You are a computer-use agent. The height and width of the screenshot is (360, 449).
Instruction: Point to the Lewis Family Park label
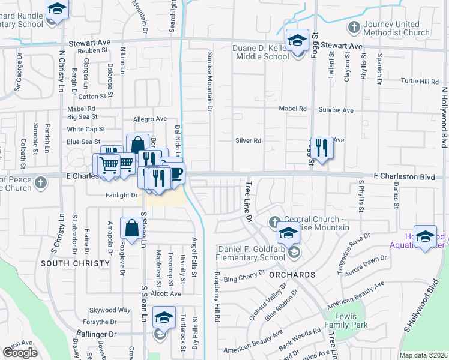point(345,320)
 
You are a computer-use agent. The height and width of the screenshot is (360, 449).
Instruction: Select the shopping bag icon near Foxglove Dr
point(131,228)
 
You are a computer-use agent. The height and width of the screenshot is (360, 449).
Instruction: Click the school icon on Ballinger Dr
point(164,317)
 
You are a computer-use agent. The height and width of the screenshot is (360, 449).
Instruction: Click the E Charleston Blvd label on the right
point(403,176)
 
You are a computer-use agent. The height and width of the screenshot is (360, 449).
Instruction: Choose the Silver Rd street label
point(248,141)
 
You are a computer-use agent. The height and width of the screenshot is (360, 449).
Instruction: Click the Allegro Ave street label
point(149,119)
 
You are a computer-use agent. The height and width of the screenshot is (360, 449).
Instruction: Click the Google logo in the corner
point(20,352)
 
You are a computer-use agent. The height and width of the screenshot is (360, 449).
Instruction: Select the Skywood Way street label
point(110,310)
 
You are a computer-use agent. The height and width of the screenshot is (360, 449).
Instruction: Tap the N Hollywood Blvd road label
point(445,120)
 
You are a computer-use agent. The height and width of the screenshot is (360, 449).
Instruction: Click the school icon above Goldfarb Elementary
point(288,233)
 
